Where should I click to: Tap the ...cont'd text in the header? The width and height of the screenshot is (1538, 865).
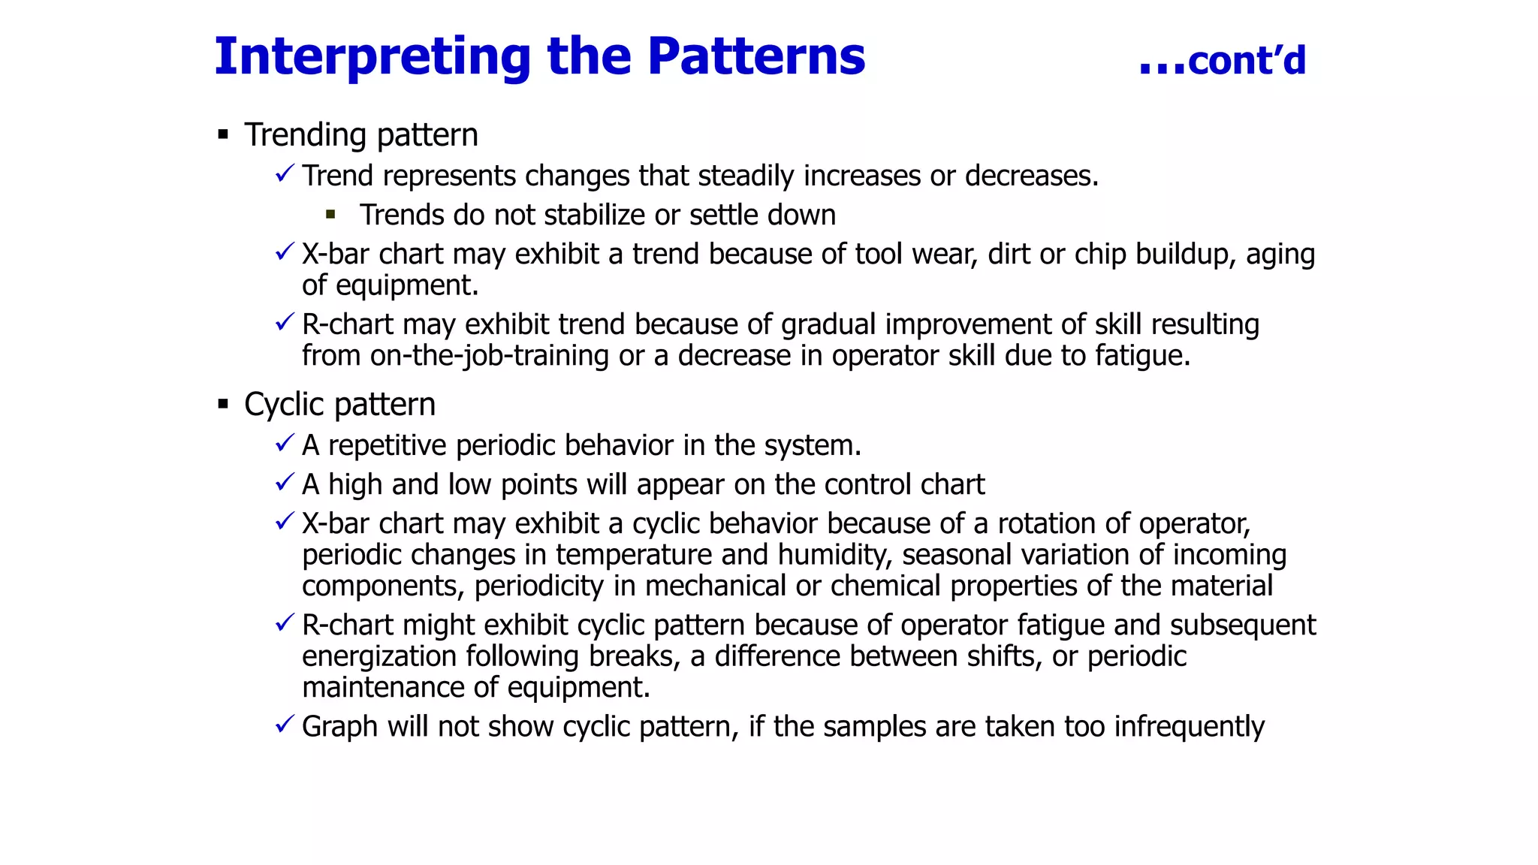tap(1223, 61)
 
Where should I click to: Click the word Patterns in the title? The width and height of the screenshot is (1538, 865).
tap(755, 57)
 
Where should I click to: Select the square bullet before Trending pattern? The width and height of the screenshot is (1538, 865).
tap(223, 135)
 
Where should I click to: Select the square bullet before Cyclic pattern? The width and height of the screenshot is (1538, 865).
tap(223, 405)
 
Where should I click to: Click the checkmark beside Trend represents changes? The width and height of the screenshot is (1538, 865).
tap(284, 174)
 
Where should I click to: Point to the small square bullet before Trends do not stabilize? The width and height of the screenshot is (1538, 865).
tap(330, 215)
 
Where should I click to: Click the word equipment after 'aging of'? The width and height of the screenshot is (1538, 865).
tap(406, 286)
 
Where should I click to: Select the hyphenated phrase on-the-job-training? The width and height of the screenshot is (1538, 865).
tap(489, 356)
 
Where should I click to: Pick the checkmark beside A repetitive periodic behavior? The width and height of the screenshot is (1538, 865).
tap(284, 444)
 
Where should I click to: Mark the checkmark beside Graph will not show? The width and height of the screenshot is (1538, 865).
tap(284, 725)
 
